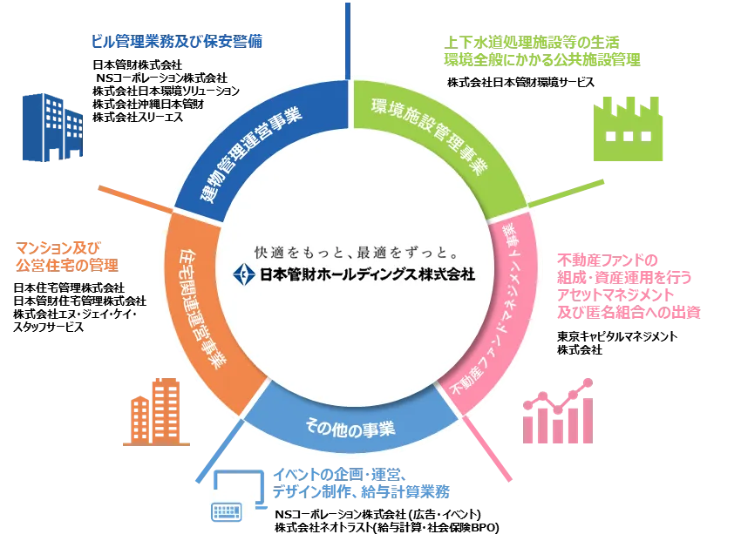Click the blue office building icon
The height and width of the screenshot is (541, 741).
point(52,127)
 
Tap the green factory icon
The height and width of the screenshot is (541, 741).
point(628,128)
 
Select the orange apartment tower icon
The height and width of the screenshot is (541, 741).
point(156,412)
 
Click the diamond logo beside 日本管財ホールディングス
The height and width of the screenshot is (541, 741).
point(244,274)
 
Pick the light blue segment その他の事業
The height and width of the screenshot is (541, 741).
point(350,425)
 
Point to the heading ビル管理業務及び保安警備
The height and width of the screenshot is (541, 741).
point(177,42)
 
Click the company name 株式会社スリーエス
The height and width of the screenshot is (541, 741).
point(138,117)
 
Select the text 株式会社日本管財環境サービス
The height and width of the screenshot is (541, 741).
point(520,83)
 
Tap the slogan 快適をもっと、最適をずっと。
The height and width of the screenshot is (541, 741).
point(357,253)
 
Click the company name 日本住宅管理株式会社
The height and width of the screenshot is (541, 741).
point(69,287)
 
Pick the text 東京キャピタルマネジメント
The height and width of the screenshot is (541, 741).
point(617,336)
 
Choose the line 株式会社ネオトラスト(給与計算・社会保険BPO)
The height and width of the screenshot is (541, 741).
point(386,527)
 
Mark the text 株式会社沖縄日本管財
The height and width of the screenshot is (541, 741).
point(148,104)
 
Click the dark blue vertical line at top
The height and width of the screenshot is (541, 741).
point(348,41)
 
